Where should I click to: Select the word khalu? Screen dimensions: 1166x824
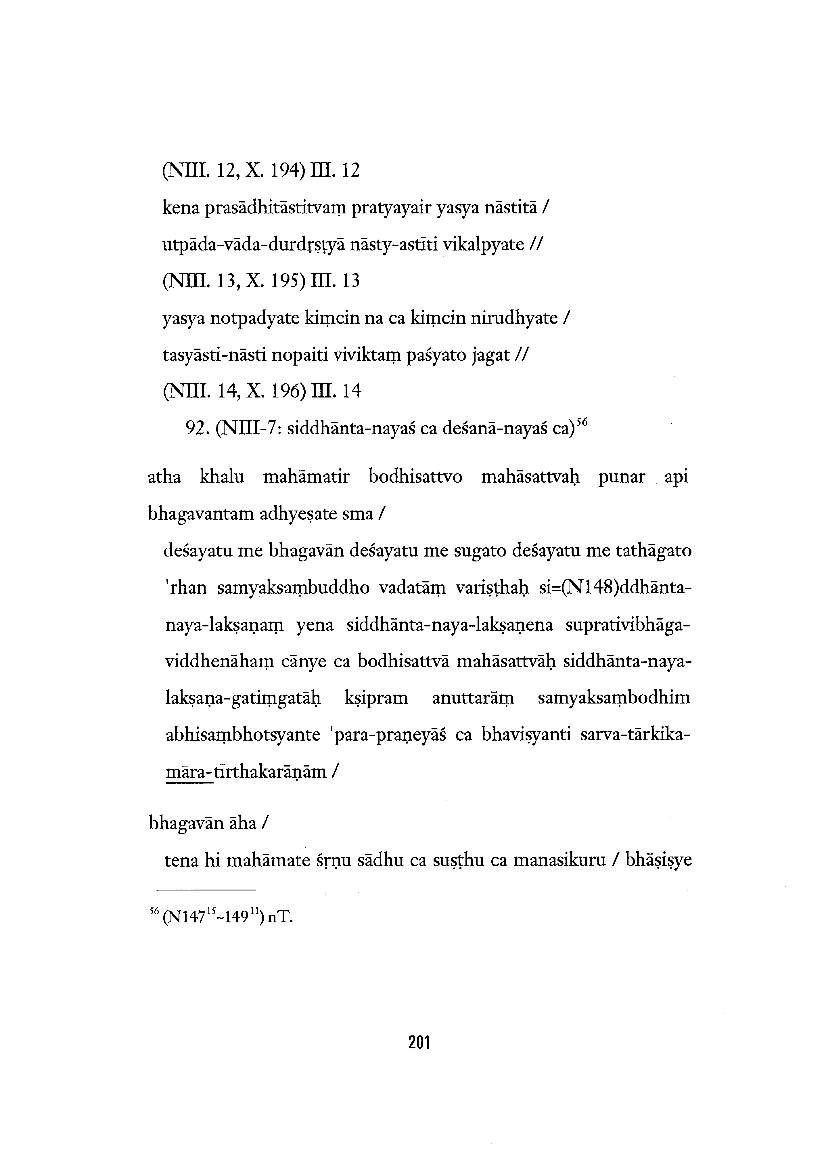pos(222,477)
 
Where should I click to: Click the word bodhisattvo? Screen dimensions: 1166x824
pos(415,477)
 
